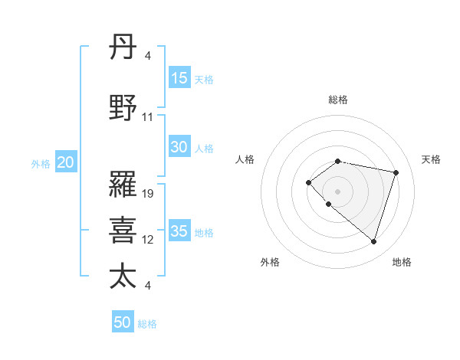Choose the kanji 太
(123, 276)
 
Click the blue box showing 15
(179, 77)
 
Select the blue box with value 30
(179, 147)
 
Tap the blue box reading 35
(179, 231)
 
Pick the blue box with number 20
(66, 162)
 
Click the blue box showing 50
(123, 322)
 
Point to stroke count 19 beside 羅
(149, 193)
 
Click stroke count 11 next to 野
(148, 117)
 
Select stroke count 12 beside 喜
(148, 240)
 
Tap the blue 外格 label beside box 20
(41, 163)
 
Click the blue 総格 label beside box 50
(147, 323)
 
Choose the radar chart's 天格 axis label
(431, 159)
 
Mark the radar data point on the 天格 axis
(396, 172)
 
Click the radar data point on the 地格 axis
(373, 242)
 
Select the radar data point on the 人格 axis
(308, 182)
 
